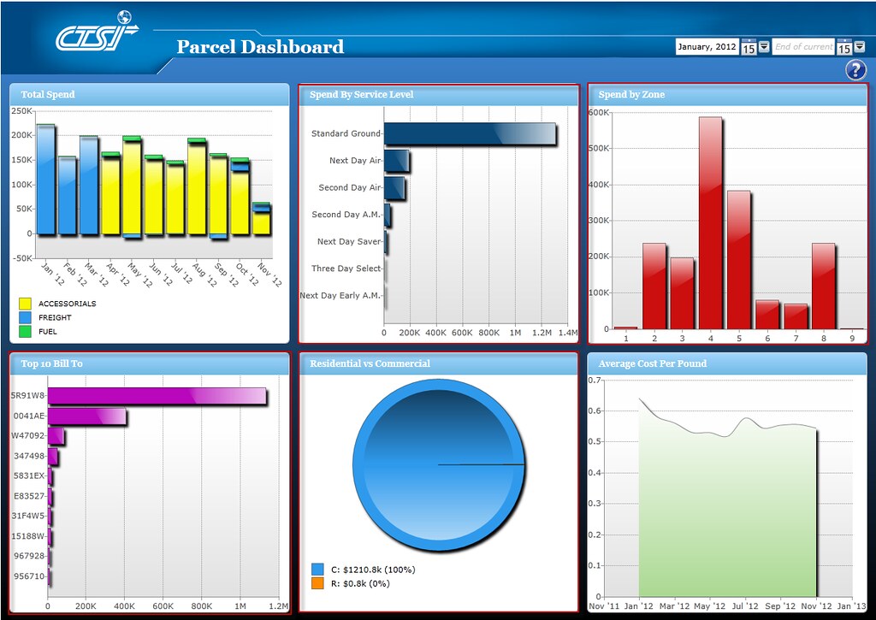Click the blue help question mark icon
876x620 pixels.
point(855,70)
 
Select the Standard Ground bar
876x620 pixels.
point(470,134)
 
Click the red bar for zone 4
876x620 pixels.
point(710,222)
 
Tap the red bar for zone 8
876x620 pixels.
point(823,286)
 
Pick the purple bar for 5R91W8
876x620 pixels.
point(157,396)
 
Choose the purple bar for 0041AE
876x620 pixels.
point(86,416)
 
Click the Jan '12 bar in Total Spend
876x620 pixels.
point(45,180)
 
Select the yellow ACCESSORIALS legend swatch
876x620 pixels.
point(26,304)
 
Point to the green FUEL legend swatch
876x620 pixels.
point(26,331)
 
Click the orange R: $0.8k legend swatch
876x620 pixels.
point(318,583)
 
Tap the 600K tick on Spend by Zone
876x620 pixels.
point(598,112)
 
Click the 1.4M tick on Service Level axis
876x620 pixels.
point(568,333)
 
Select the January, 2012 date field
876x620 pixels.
point(707,47)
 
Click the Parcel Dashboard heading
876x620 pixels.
point(260,47)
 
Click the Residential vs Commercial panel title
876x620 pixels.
point(370,364)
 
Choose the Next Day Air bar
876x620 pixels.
point(396,161)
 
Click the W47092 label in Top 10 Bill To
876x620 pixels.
point(27,436)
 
